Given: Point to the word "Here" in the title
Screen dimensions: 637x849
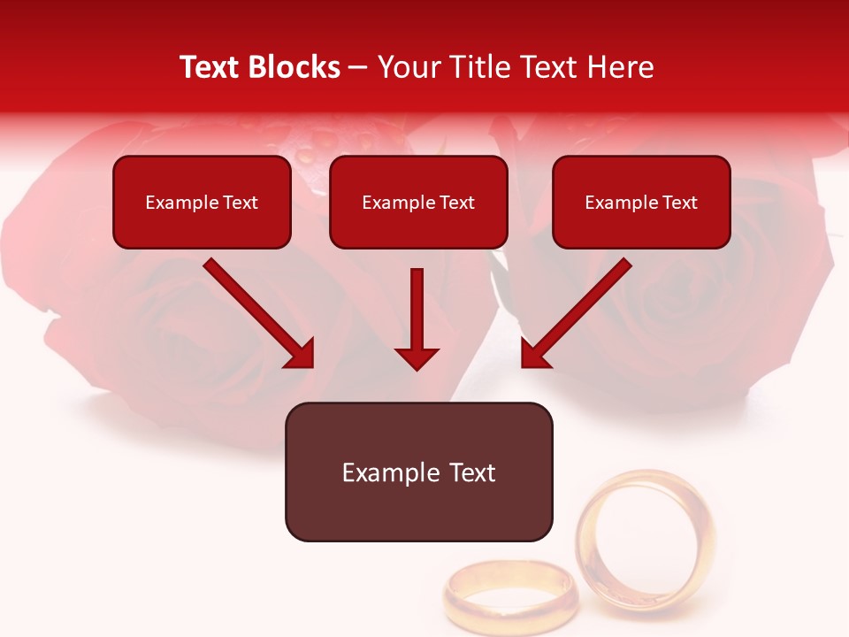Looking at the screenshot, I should click(623, 67).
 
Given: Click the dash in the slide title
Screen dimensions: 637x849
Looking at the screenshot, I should click(358, 67).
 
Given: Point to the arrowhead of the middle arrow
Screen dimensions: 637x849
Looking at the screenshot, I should click(417, 357).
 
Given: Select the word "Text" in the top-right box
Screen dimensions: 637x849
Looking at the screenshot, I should click(679, 203).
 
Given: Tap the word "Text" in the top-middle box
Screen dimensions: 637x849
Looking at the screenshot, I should click(456, 203).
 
